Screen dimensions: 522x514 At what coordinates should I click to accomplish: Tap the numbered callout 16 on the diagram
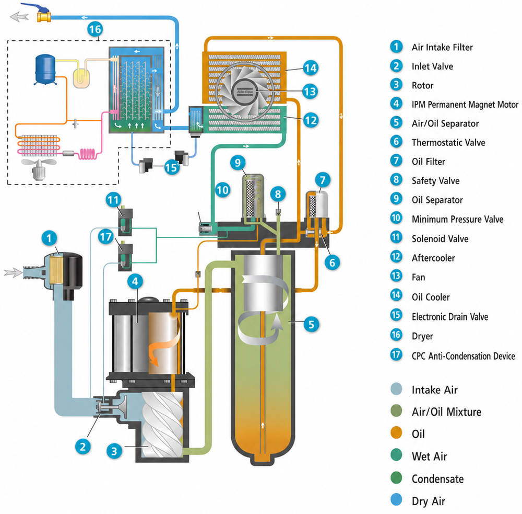coord(95,29)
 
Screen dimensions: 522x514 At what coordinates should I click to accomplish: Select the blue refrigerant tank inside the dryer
coord(45,70)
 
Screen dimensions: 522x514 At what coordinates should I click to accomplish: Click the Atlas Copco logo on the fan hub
coord(245,92)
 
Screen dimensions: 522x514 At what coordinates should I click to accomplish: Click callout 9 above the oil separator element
coord(238,163)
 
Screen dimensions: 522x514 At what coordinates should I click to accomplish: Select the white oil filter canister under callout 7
coord(321,203)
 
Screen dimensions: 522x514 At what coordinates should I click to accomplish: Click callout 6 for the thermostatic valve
coord(332,262)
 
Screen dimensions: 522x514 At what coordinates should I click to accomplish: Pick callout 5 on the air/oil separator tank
coord(311,324)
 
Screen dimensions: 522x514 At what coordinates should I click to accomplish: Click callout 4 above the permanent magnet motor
coord(135,281)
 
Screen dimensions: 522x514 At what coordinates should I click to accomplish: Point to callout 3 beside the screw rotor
coord(114,451)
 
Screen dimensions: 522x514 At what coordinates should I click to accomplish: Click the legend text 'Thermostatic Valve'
coord(448,142)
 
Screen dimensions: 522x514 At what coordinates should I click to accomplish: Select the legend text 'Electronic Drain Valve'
coord(450,316)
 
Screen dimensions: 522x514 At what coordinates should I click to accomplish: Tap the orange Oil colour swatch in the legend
coord(396,433)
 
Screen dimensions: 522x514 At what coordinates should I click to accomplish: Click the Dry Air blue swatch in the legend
coord(396,500)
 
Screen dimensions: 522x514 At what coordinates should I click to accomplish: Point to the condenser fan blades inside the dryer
coord(39,163)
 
